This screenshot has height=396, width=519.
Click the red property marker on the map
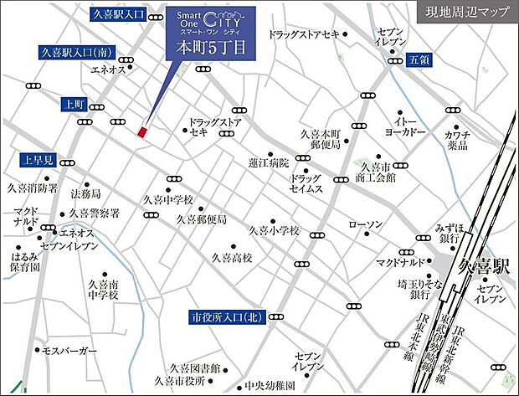[142, 131]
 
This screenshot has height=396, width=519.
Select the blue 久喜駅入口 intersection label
[118, 15]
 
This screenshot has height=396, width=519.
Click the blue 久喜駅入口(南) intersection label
[76, 52]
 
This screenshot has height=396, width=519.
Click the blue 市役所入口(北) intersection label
[227, 316]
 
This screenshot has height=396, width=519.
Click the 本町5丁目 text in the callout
[208, 48]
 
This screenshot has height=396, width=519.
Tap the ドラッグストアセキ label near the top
[305, 34]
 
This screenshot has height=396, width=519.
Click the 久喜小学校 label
[274, 230]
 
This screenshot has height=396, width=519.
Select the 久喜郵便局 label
[202, 219]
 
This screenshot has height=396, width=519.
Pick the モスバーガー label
[69, 350]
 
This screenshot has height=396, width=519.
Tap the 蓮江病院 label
[268, 162]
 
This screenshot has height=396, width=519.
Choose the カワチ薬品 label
[457, 139]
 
